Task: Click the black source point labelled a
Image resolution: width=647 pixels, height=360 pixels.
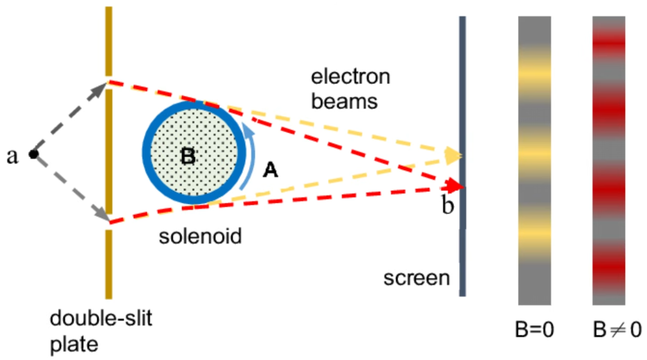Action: click(x=34, y=154)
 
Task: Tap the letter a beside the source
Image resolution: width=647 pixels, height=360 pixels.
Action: click(x=12, y=156)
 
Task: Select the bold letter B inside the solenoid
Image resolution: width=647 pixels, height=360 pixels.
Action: click(x=188, y=156)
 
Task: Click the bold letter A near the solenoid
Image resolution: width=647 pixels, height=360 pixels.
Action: click(x=270, y=170)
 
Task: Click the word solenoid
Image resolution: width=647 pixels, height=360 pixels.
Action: click(x=200, y=236)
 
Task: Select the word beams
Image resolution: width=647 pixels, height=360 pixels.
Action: click(x=344, y=101)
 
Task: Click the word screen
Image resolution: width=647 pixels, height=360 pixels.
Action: click(x=417, y=278)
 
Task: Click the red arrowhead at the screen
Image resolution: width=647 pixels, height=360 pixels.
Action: click(x=454, y=186)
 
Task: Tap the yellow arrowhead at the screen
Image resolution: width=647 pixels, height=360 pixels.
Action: click(x=453, y=156)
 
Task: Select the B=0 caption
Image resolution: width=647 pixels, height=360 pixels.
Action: click(x=535, y=329)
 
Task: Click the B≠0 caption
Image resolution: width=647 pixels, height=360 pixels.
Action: click(x=617, y=329)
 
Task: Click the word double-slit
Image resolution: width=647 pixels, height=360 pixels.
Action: click(x=101, y=318)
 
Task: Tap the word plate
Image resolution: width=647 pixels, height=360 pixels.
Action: click(x=74, y=344)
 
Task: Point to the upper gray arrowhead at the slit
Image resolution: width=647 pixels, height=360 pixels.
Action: click(x=99, y=90)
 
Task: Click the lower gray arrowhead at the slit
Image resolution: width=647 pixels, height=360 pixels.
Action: click(x=102, y=215)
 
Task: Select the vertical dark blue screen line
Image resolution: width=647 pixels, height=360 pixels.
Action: click(x=462, y=156)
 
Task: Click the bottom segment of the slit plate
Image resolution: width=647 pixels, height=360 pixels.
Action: click(x=109, y=264)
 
